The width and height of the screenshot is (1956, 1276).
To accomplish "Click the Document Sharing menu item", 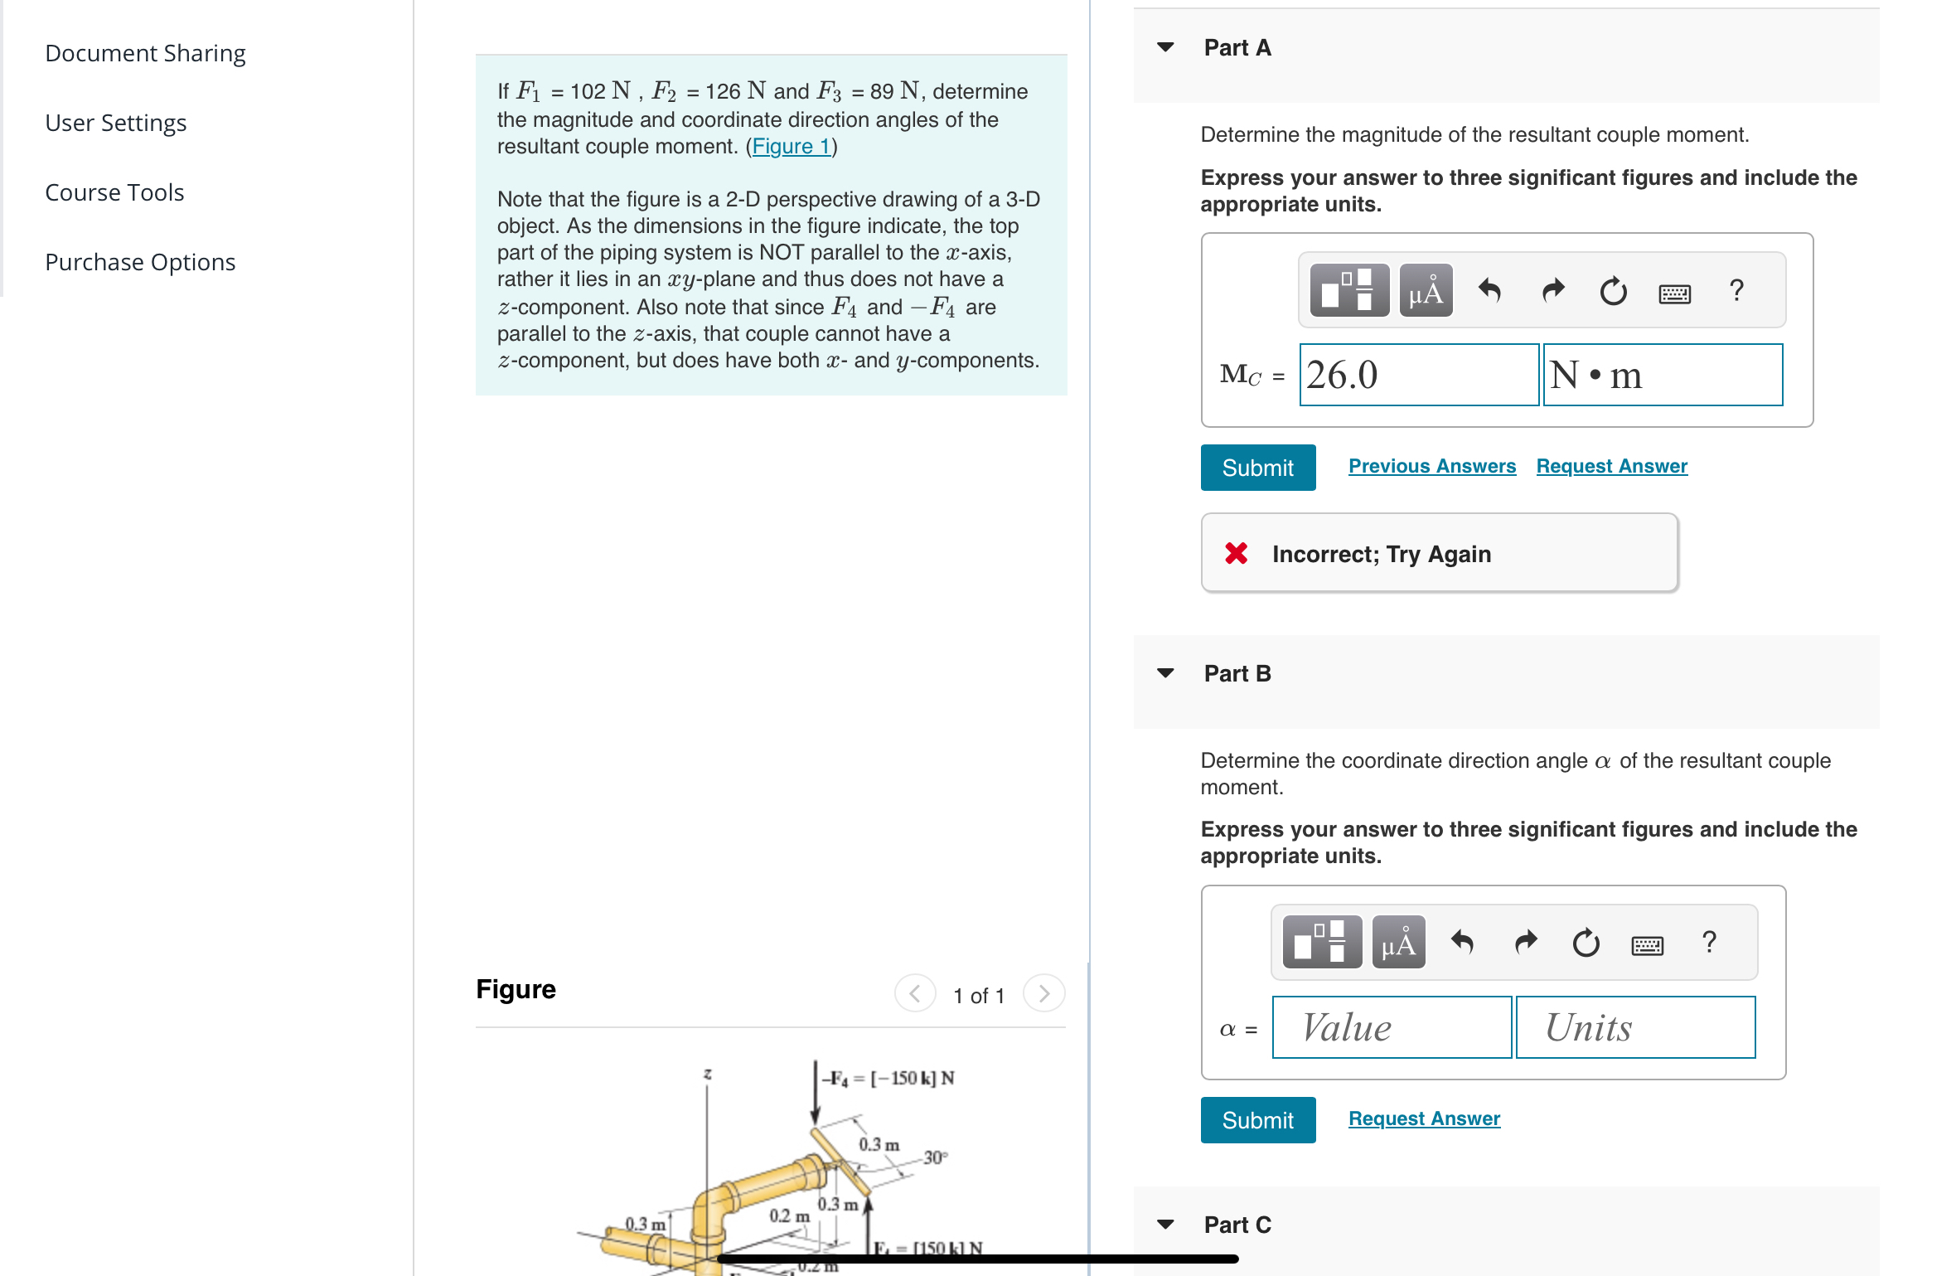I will [x=145, y=53].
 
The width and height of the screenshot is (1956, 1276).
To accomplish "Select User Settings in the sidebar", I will [x=115, y=123].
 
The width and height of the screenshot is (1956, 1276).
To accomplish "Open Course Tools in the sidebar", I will [x=114, y=192].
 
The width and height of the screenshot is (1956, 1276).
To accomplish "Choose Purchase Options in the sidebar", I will [x=140, y=262].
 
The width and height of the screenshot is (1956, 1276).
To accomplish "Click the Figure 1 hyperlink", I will [x=791, y=147].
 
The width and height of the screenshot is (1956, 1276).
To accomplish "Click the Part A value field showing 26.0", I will [x=1418, y=375].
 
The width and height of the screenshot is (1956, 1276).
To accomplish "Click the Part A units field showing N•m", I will [x=1662, y=375].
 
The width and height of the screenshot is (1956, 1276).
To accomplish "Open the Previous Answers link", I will [x=1431, y=466].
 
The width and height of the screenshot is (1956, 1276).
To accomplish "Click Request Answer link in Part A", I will [x=1611, y=466].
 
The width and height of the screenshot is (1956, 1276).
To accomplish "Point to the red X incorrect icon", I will [x=1236, y=553].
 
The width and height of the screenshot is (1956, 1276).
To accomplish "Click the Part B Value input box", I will [x=1392, y=1027].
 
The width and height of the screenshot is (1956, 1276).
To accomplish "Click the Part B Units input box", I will [x=1634, y=1027].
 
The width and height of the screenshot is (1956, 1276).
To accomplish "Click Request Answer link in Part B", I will [x=1424, y=1118].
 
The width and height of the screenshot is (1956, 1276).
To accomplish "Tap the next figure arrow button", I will [x=1043, y=993].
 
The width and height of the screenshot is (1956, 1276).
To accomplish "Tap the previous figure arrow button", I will [x=915, y=993].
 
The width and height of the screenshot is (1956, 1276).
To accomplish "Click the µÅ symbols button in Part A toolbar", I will [x=1426, y=291].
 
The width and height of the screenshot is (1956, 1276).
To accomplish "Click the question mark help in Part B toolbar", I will [x=1708, y=943].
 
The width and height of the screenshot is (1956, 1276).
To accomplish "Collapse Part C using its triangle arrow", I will [x=1165, y=1225].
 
